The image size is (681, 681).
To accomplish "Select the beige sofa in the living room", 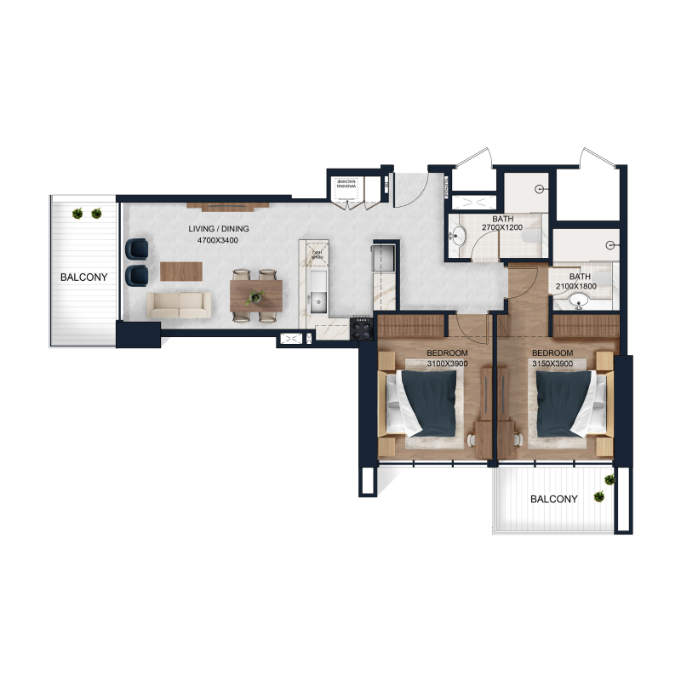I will pos(179,305).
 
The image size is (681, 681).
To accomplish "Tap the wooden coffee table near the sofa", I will pos(182,271).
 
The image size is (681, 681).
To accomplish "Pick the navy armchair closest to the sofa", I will pos(136,275).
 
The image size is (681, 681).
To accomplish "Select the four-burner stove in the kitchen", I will pos(363,328).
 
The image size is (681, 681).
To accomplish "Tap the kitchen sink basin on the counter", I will pos(318,299).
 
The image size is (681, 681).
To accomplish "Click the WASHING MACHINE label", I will pos(346,185).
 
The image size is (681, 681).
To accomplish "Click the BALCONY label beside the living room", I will pos(83,278).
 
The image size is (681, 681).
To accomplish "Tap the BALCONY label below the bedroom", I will pos(554,500).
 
